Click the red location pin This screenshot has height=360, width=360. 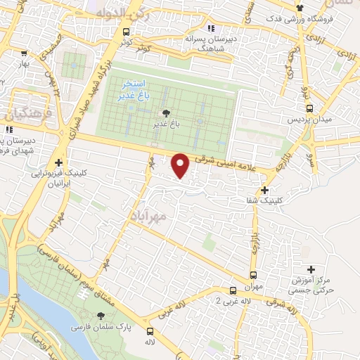coord(181,165)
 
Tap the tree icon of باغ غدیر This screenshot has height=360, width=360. coord(166,112)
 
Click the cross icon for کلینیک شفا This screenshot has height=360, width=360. coord(265,190)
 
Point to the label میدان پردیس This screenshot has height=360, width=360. coord(309,120)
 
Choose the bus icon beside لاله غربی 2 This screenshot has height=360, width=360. coord(233,290)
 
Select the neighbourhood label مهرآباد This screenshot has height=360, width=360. coord(149,214)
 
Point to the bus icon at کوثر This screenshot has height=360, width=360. coord(126,32)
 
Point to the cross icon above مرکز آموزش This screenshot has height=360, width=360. coord(312,269)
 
